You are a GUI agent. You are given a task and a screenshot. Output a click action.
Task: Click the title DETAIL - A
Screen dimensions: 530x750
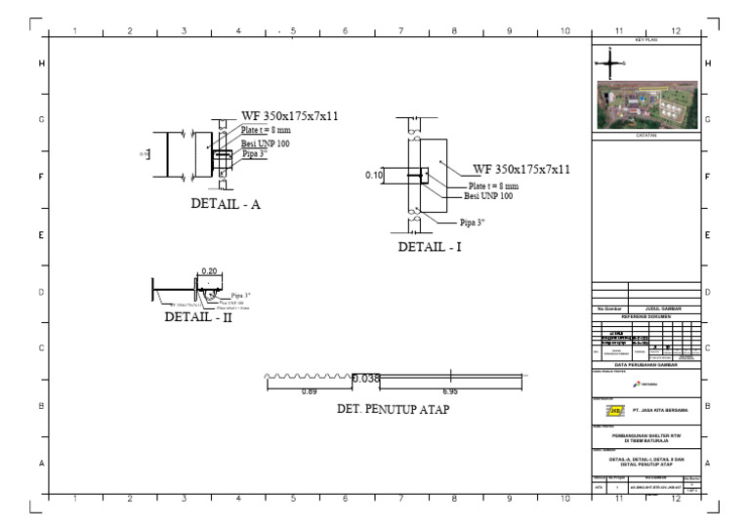coord(225,205)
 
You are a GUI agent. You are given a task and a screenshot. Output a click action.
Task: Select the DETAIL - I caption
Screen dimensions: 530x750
coord(429,247)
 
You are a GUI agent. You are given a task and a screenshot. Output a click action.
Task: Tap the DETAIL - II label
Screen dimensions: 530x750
coord(198,316)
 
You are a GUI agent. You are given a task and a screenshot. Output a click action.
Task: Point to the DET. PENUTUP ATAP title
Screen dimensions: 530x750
coord(393,410)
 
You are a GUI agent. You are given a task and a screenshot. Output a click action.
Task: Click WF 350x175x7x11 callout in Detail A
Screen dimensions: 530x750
coord(289,116)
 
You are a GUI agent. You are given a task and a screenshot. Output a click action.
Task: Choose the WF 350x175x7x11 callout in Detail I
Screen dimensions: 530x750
coord(521,169)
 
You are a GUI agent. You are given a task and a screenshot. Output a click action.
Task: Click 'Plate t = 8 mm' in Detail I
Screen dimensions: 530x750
coord(493,184)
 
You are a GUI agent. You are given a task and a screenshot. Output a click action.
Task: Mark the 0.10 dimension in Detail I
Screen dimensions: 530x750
coord(374,175)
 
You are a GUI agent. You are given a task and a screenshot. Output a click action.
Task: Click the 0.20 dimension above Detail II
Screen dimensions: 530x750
coord(209,271)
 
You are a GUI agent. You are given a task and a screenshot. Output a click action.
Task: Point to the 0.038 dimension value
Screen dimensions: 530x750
coord(365,379)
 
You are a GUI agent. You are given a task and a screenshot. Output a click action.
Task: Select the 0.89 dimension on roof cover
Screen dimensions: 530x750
coord(309,391)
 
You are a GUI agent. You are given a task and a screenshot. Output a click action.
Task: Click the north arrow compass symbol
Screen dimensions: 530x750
coord(611,64)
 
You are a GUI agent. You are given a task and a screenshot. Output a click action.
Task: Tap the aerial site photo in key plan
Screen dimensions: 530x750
coord(646,105)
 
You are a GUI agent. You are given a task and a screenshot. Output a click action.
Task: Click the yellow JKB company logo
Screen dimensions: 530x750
coord(607,411)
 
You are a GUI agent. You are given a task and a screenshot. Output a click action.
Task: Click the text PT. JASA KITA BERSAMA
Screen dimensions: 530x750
coord(660,411)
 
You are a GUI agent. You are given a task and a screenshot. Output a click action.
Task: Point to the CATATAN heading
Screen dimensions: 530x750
coord(646,136)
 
